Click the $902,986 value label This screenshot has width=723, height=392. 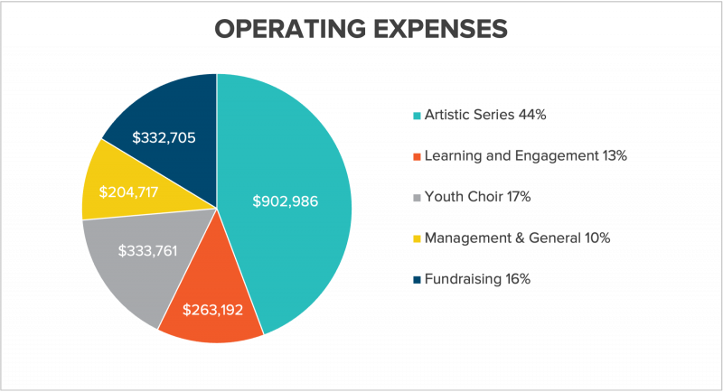coord(286,201)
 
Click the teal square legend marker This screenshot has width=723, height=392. coord(417,116)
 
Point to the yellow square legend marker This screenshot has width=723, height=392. coord(417,239)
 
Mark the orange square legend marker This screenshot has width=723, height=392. coord(417,157)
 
